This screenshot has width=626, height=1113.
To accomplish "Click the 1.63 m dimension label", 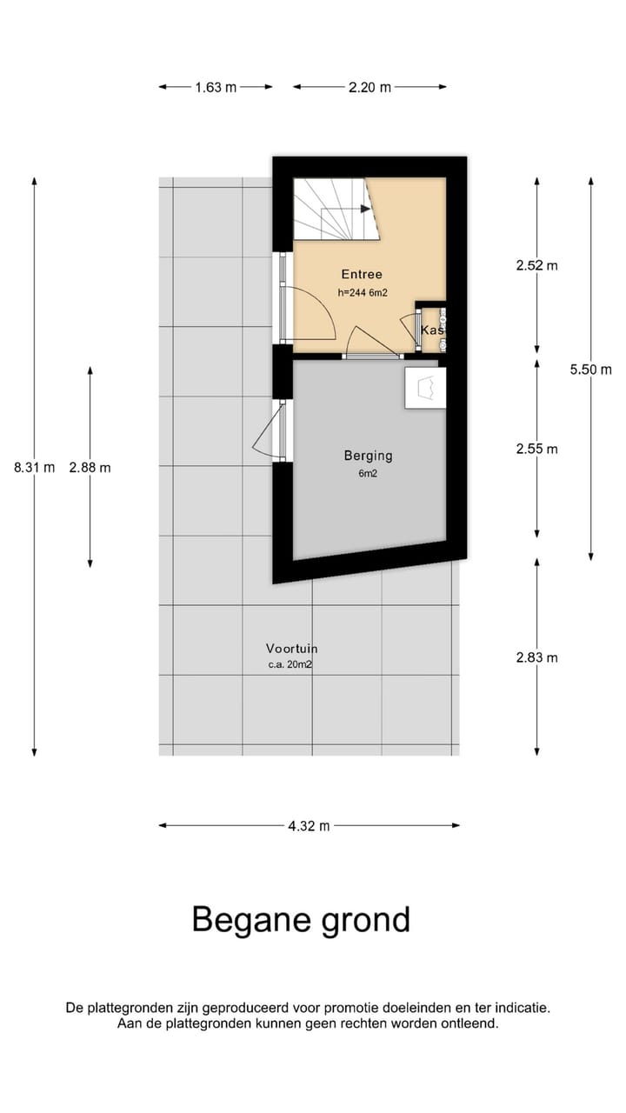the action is pyautogui.click(x=216, y=88).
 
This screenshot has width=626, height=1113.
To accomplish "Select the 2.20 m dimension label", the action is pyautogui.click(x=370, y=88).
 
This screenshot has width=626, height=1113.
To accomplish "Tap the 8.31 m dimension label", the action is pyautogui.click(x=34, y=468).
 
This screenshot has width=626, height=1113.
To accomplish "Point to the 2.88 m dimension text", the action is pyautogui.click(x=90, y=468).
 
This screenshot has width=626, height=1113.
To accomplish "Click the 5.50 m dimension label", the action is pyautogui.click(x=590, y=370).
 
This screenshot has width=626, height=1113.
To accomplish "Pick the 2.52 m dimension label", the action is pyautogui.click(x=537, y=266).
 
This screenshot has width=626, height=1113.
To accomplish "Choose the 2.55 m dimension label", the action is pyautogui.click(x=537, y=450).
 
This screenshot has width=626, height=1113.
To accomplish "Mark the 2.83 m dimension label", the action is pyautogui.click(x=537, y=658).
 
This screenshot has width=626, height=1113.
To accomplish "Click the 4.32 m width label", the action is pyautogui.click(x=309, y=826).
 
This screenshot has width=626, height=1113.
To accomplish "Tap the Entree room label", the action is pyautogui.click(x=363, y=274).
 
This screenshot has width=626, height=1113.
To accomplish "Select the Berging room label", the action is pyautogui.click(x=368, y=456).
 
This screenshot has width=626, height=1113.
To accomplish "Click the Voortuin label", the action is pyautogui.click(x=291, y=649).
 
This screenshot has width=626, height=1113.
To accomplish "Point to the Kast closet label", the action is pyautogui.click(x=433, y=330).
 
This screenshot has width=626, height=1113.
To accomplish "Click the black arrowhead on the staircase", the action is pyautogui.click(x=366, y=209).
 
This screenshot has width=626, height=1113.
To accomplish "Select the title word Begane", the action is pyautogui.click(x=251, y=921).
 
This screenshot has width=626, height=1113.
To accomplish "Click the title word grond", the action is pyautogui.click(x=366, y=920).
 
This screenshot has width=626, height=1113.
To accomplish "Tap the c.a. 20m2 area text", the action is pyautogui.click(x=290, y=664).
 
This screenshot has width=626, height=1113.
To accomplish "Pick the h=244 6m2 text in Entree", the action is pyautogui.click(x=363, y=293).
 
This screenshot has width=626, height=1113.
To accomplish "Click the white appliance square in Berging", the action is pyautogui.click(x=425, y=388).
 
